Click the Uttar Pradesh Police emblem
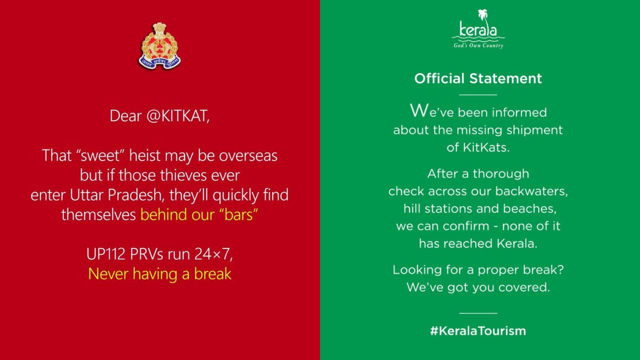pyautogui.click(x=160, y=46)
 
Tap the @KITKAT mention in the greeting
pyautogui.click(x=178, y=116)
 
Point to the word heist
pyautogui.click(x=144, y=156)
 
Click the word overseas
pyautogui.click(x=248, y=156)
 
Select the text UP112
pyautogui.click(x=106, y=254)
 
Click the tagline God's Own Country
pyautogui.click(x=478, y=46)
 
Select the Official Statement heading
pyautogui.click(x=478, y=78)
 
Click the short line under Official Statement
pyautogui.click(x=478, y=94)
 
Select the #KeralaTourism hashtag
pyautogui.click(x=478, y=331)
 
